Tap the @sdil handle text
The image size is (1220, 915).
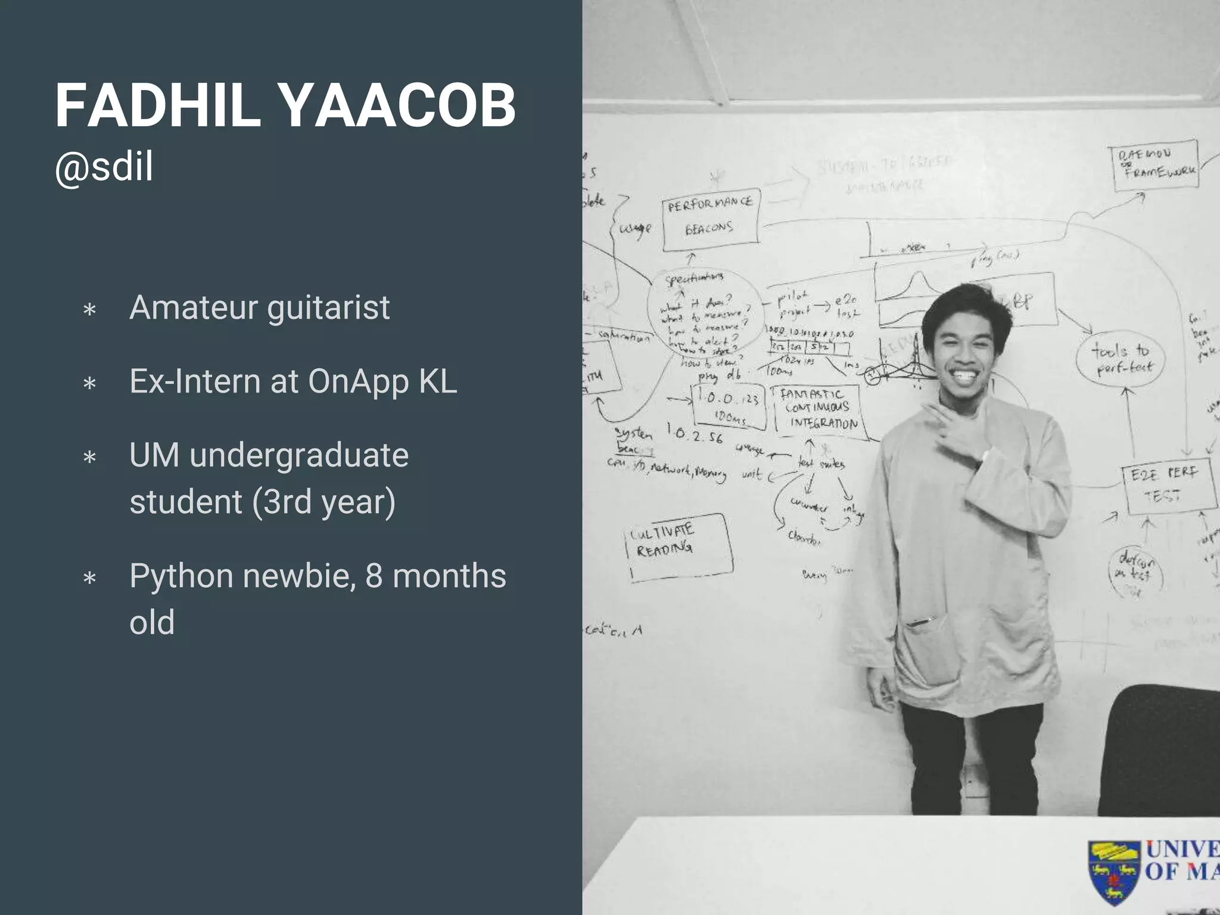coord(104,167)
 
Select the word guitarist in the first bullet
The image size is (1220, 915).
coord(328,307)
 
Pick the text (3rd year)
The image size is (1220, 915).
coord(323,502)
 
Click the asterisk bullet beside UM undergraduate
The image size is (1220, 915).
coord(90,458)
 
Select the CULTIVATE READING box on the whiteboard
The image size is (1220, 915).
coord(679,546)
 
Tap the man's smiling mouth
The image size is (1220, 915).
coord(961,375)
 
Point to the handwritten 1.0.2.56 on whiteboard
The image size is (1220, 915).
coord(694,433)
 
